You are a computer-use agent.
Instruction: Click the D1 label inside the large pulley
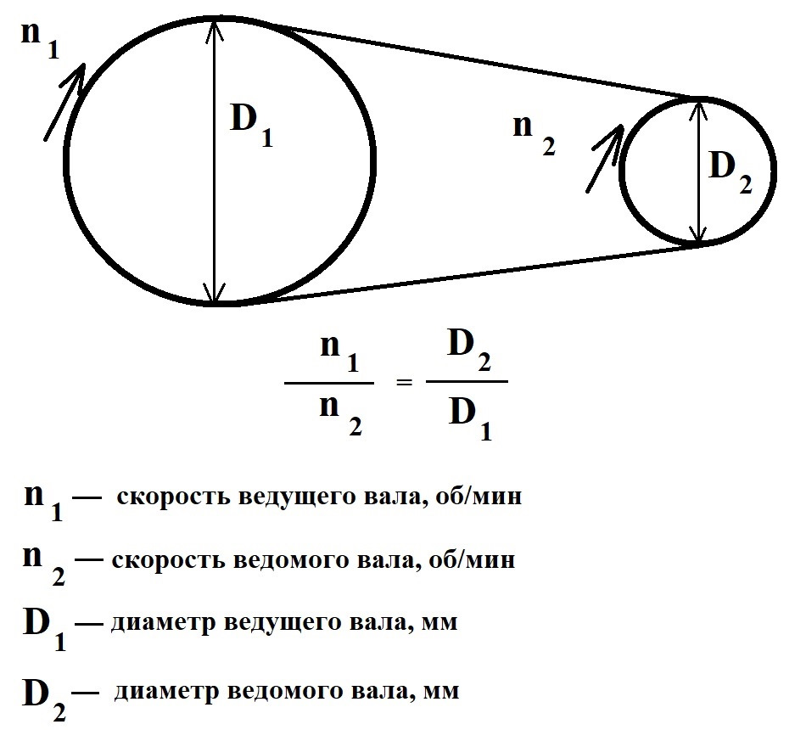click(252, 127)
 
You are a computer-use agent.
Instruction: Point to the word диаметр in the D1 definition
click(162, 624)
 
